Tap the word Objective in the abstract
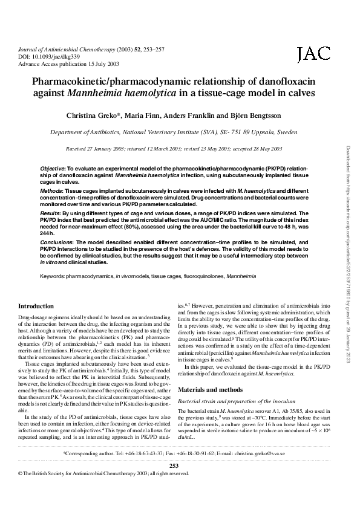[x=53, y=166]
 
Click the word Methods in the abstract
[x=51, y=190]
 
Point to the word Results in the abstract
[x=50, y=213]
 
